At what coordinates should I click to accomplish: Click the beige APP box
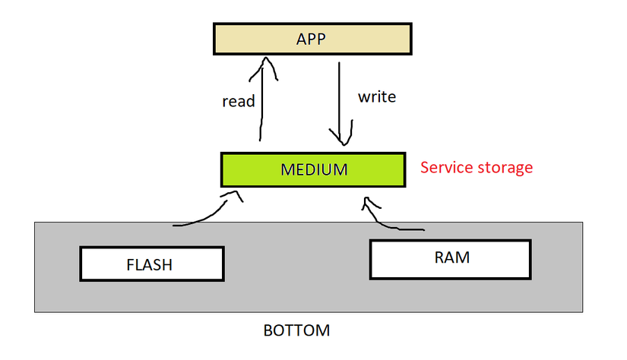311,39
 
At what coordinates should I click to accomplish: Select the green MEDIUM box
313,169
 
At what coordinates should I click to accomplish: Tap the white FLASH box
151,264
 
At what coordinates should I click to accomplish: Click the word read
238,101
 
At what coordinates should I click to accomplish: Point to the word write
377,97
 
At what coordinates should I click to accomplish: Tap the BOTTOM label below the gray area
296,331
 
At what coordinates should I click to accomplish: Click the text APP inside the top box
311,39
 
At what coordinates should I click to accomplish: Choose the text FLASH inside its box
150,265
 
